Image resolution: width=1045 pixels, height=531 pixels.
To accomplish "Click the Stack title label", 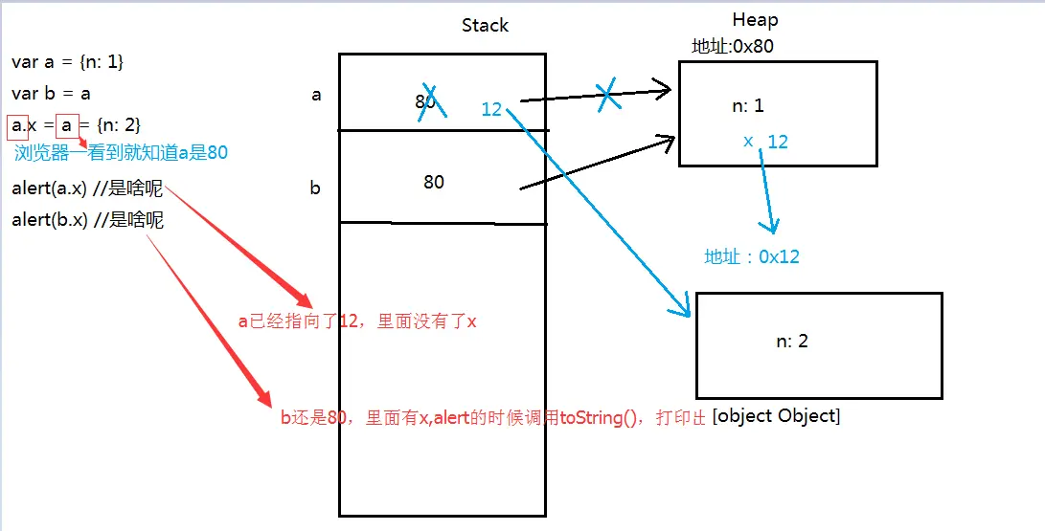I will click(485, 26).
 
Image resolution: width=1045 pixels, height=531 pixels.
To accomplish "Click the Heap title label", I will click(755, 20).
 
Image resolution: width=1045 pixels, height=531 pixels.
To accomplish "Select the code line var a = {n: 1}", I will click(68, 62).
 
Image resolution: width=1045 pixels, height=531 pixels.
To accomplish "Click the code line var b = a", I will click(51, 94).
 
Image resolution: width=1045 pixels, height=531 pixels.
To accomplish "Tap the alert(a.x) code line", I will click(87, 188).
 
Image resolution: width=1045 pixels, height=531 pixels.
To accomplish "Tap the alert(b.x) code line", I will click(87, 220).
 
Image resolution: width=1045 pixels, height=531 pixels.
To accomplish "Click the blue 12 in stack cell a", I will click(491, 109).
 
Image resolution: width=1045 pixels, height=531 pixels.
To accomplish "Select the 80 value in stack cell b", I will click(434, 182).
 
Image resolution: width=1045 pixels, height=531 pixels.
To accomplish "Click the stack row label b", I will click(315, 188).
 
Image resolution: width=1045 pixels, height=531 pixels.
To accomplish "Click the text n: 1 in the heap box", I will click(748, 106).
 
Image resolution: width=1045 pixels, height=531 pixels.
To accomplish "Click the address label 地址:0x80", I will click(732, 47).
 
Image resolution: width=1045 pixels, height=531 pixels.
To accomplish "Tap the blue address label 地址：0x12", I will click(752, 256).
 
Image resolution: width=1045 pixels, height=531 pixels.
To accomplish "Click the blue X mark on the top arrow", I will click(606, 96).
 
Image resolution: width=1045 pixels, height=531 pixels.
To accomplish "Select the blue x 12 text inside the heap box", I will click(766, 142).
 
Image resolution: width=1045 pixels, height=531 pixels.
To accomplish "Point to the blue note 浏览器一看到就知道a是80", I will click(121, 152).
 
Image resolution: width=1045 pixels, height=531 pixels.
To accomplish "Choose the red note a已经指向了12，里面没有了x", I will click(357, 321).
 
